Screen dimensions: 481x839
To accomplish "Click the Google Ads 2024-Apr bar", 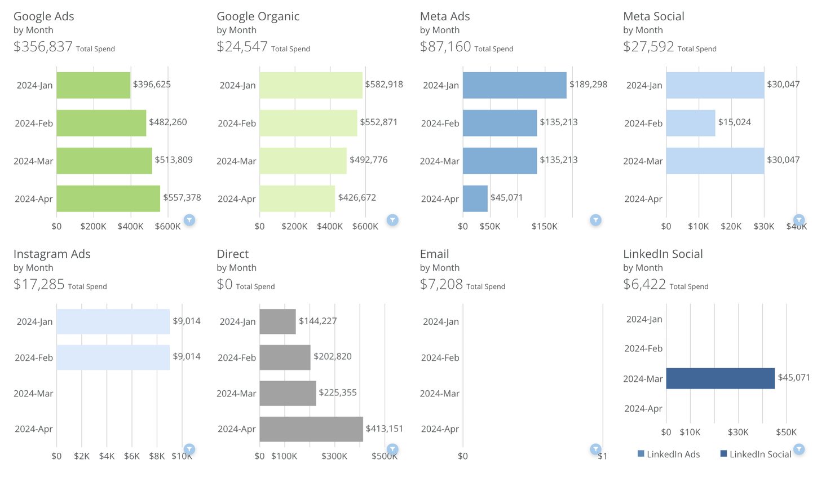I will (108, 198).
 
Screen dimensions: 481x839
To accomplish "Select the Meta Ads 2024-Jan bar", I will (514, 85).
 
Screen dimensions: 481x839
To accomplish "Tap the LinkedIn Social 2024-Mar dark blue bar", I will (720, 378).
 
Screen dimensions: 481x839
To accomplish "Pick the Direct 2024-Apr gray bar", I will (311, 429).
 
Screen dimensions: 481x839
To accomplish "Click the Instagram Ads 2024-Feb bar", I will (113, 358).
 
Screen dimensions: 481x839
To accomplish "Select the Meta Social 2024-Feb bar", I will (690, 123).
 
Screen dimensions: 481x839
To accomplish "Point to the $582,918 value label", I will (384, 85).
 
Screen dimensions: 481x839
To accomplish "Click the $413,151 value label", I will (385, 429).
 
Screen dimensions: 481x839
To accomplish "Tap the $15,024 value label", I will (734, 122).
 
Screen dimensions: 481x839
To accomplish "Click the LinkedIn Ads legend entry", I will (669, 454).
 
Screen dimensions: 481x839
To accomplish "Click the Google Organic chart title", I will (258, 16).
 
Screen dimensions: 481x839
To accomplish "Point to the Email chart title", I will (434, 254).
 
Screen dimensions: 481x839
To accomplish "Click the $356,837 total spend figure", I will (43, 47).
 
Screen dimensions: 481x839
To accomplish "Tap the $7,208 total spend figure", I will (441, 284).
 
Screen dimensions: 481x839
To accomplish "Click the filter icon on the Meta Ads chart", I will (595, 220).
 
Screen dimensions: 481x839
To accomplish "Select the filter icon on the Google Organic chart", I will (392, 220).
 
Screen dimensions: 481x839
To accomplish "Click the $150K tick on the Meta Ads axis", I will (544, 227).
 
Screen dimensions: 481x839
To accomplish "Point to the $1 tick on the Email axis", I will (602, 456).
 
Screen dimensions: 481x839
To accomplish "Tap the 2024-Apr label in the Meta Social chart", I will (643, 199).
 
